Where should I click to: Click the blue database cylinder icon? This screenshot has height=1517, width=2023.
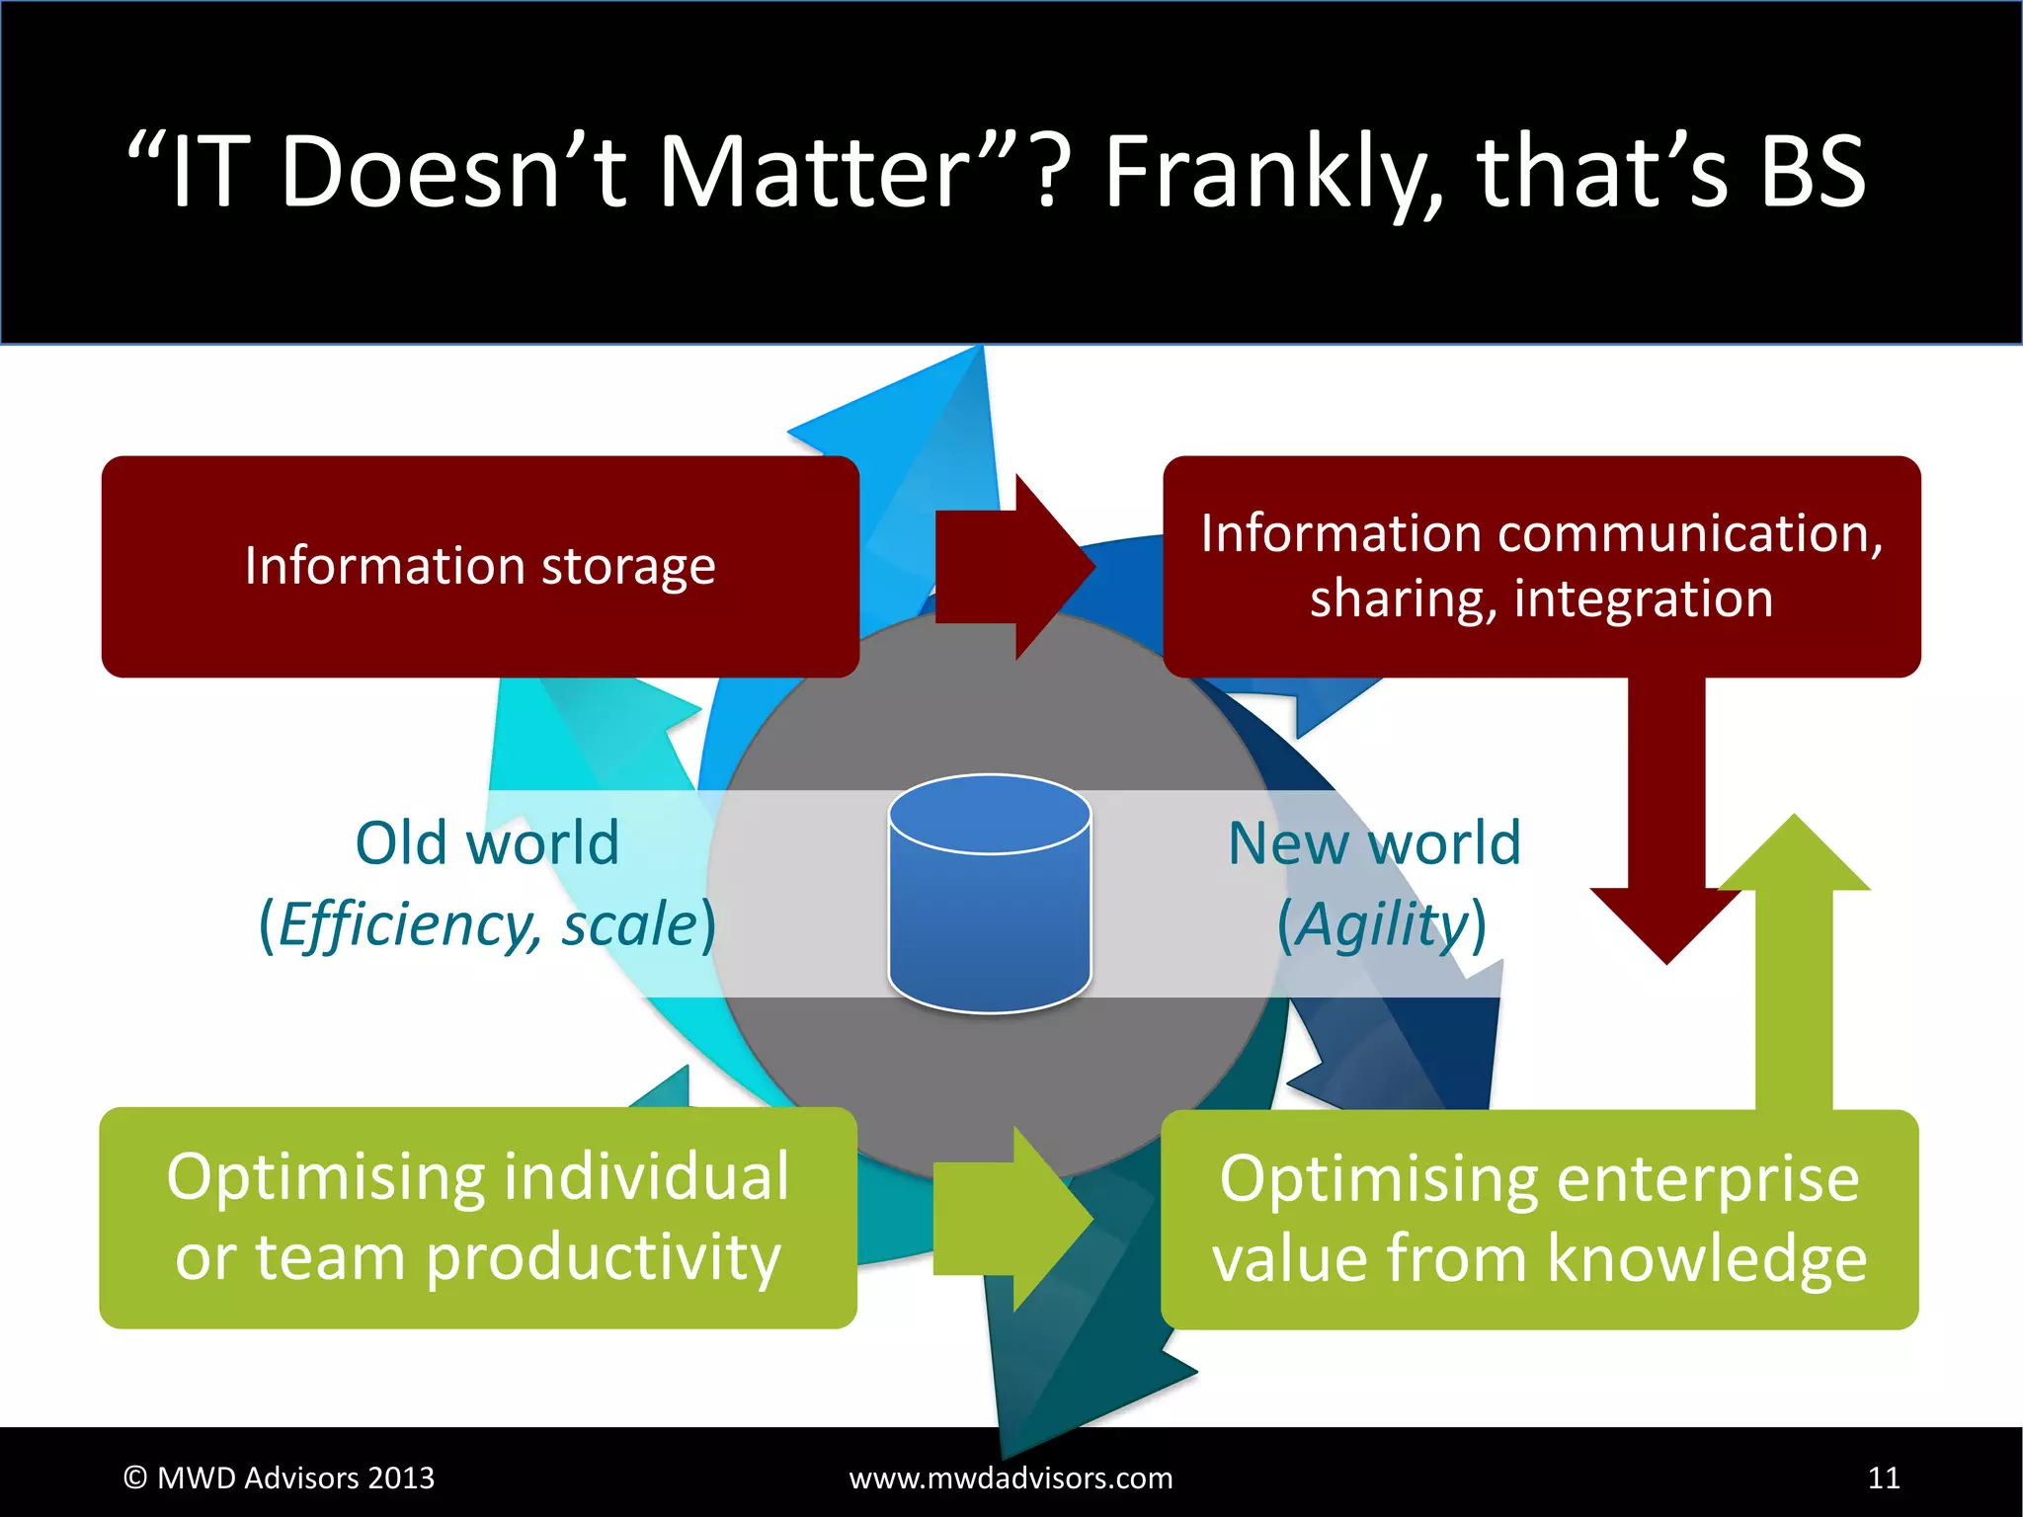click(990, 894)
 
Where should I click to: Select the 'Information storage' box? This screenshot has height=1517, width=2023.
click(480, 566)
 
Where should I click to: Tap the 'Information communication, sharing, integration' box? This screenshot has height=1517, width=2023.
click(1541, 566)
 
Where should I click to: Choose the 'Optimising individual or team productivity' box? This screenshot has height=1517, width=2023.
click(478, 1217)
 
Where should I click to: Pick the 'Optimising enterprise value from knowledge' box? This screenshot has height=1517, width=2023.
click(1539, 1219)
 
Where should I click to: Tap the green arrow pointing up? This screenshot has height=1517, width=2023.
click(1794, 968)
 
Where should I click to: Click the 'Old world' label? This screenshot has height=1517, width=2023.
click(487, 843)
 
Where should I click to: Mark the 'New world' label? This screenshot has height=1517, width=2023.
click(1374, 843)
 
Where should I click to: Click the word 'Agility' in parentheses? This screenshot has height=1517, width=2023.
click(1383, 925)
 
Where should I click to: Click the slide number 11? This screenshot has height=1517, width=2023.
click(1884, 1477)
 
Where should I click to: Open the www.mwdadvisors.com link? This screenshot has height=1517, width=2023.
click(1011, 1477)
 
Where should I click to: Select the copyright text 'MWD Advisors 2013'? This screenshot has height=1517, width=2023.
click(295, 1477)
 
